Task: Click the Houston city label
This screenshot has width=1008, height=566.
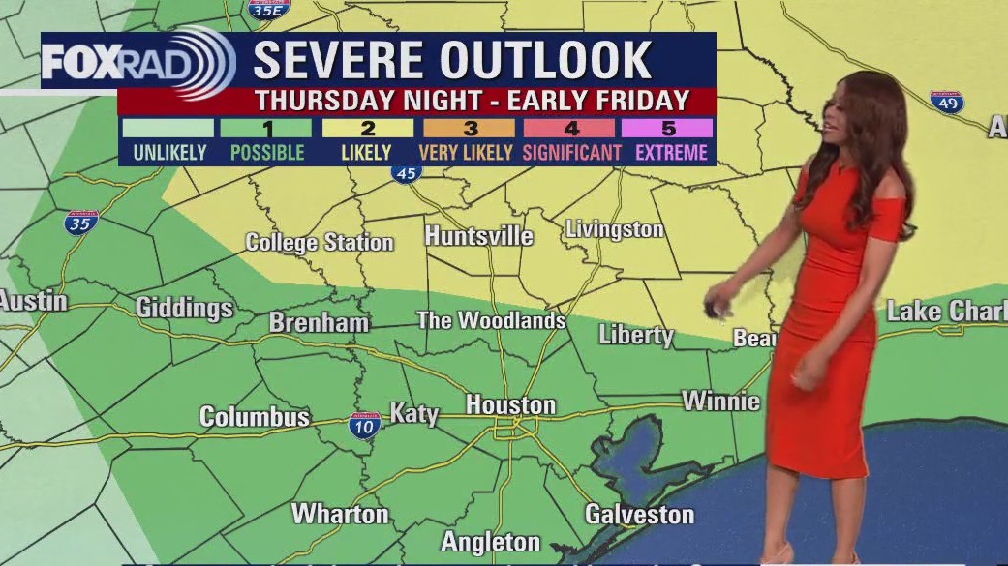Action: click(x=510, y=404)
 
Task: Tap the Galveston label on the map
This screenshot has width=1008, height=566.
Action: click(x=639, y=514)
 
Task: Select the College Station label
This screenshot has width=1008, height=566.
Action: click(x=320, y=242)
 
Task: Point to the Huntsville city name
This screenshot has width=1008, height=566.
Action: click(x=478, y=236)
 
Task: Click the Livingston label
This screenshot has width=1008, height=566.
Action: click(x=614, y=229)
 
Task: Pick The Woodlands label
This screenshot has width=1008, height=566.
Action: click(x=491, y=320)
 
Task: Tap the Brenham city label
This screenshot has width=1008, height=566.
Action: click(x=319, y=323)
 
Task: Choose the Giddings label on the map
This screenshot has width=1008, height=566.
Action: click(x=184, y=308)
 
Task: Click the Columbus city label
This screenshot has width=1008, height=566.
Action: click(x=255, y=417)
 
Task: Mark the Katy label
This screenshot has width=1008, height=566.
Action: click(x=414, y=414)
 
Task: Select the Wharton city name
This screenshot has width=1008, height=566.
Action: click(x=340, y=514)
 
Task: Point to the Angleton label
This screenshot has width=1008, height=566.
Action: click(x=491, y=541)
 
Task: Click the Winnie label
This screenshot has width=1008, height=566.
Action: click(x=720, y=401)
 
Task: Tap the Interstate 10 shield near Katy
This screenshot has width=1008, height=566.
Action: click(x=364, y=426)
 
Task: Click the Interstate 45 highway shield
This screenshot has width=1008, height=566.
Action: click(x=407, y=172)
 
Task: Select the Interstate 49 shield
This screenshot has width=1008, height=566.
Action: click(x=946, y=102)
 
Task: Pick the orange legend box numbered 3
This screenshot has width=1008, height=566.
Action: click(x=470, y=128)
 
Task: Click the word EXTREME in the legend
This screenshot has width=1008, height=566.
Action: click(x=672, y=152)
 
